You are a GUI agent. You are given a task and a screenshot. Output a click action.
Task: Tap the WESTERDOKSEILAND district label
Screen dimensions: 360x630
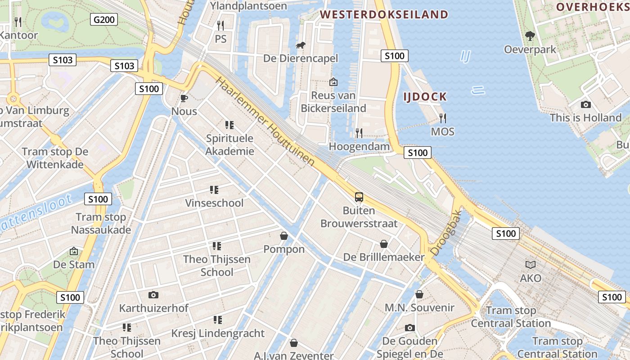(x=384, y=14)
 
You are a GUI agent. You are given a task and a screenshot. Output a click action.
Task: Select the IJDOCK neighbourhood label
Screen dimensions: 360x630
(x=425, y=96)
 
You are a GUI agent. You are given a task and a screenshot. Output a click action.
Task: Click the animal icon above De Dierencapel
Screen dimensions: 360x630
(x=300, y=45)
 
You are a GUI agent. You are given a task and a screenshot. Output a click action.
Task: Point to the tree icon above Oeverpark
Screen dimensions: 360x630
(x=530, y=36)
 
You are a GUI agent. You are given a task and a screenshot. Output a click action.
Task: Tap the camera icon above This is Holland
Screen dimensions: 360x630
(x=585, y=104)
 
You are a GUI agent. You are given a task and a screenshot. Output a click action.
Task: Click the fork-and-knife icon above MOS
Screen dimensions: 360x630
(x=443, y=118)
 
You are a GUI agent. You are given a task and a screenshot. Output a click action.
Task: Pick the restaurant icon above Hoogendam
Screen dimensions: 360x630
(x=359, y=133)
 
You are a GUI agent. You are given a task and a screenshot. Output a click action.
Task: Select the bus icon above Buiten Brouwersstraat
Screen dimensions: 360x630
(x=359, y=197)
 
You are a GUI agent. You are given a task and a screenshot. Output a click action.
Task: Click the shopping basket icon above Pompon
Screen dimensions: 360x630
(x=284, y=236)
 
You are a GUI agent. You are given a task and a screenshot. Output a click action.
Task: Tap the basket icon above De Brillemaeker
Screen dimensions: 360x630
(x=384, y=244)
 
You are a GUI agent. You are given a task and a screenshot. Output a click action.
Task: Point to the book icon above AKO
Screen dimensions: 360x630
(x=531, y=265)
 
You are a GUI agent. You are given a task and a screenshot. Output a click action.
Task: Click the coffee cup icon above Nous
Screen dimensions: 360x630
(x=184, y=98)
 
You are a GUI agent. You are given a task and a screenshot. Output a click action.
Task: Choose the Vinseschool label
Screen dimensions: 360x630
(x=214, y=203)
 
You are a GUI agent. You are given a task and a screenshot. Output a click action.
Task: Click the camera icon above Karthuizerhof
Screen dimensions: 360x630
(x=153, y=295)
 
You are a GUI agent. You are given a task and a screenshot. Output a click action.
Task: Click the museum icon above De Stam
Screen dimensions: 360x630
(x=74, y=251)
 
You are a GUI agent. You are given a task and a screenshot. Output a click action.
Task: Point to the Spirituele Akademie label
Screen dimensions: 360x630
(x=229, y=144)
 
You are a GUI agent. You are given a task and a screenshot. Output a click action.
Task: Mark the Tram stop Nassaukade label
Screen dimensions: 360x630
(x=101, y=224)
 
